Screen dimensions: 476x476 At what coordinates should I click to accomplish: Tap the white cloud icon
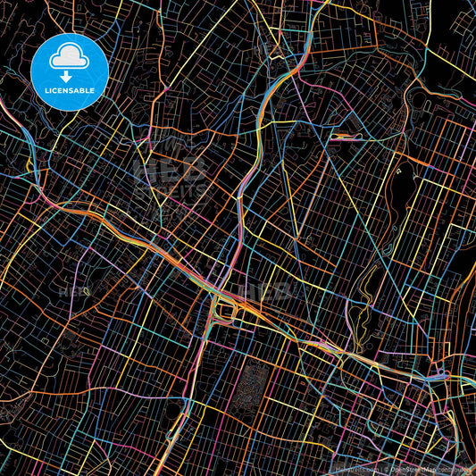click(70, 57)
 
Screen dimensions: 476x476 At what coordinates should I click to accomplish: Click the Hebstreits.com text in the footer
click(354, 467)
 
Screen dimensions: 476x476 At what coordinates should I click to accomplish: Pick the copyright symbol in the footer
click(384, 467)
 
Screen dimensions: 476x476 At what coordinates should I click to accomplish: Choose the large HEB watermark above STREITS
click(170, 170)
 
